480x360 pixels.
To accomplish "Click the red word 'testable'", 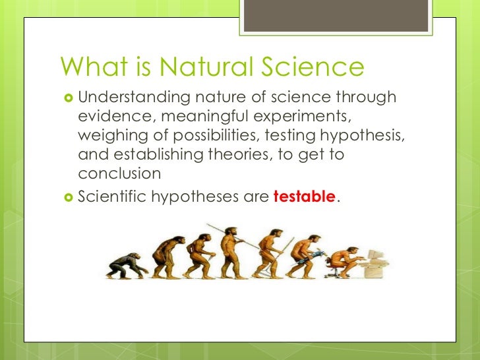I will [x=304, y=196].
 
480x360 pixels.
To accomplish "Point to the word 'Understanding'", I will [x=132, y=98].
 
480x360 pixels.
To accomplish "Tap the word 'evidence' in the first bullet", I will [x=109, y=117].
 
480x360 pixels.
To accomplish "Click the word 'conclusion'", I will [x=119, y=175].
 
